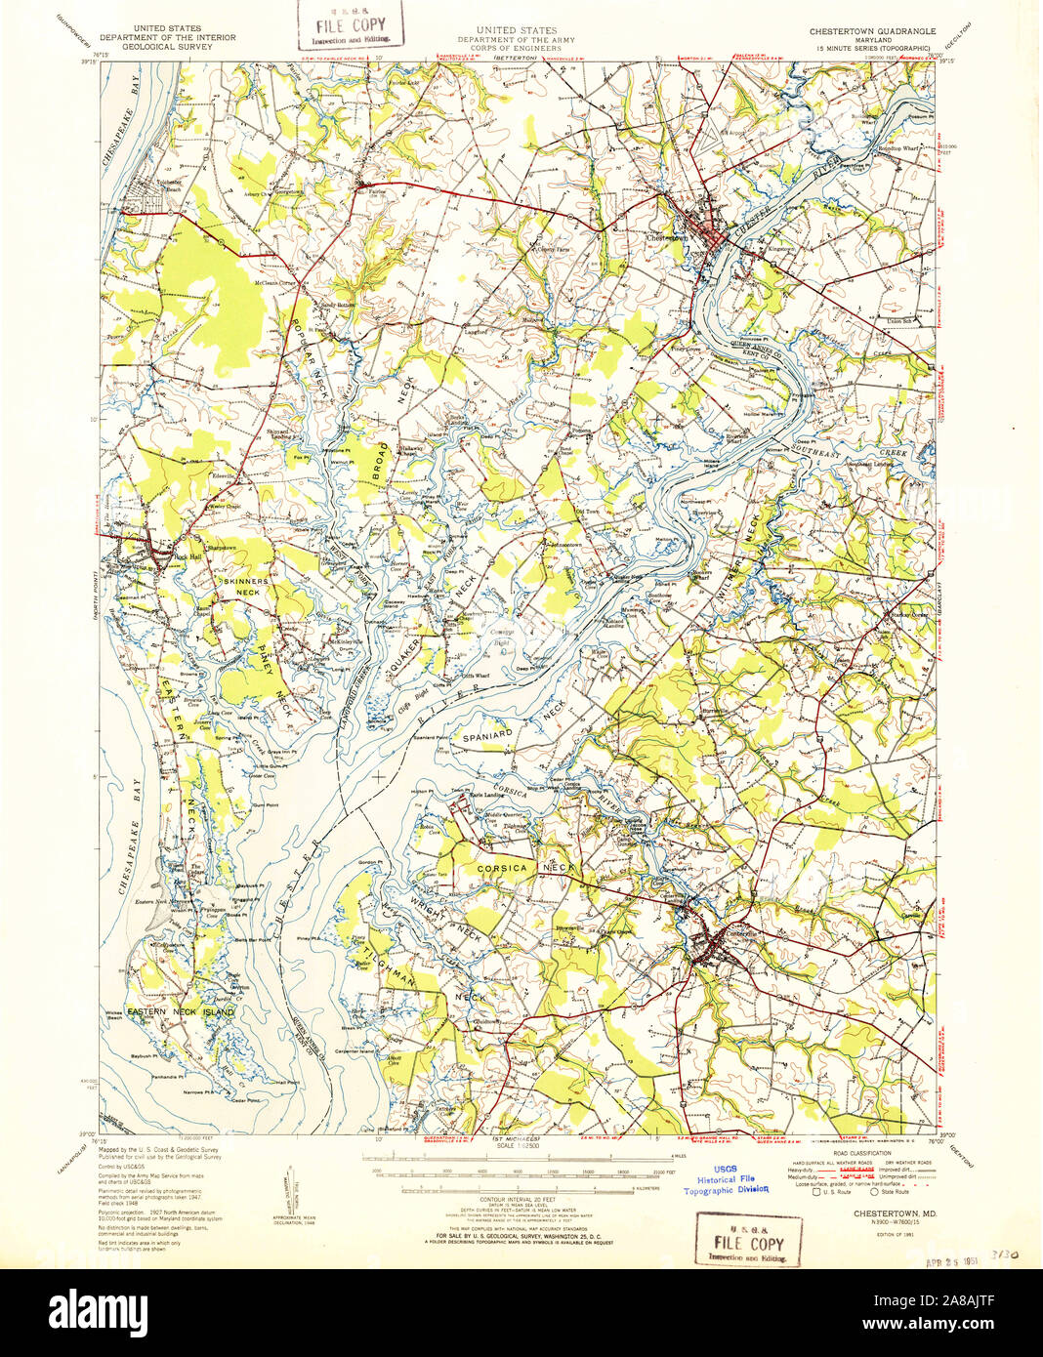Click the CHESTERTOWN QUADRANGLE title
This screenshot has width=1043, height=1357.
pyautogui.click(x=872, y=30)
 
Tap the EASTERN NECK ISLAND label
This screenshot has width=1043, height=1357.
pyautogui.click(x=181, y=1012)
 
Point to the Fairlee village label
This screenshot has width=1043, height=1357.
pyautogui.click(x=375, y=192)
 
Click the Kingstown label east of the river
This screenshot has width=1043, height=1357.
pyautogui.click(x=780, y=248)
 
